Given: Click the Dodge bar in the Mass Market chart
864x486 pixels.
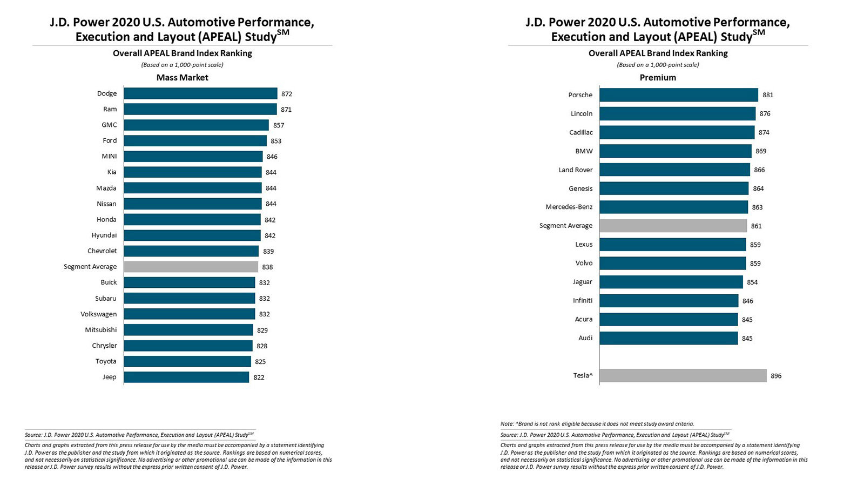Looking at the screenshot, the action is [200, 93].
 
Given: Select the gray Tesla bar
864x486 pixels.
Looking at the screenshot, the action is [683, 376].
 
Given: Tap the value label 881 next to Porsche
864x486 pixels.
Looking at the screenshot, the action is [767, 95].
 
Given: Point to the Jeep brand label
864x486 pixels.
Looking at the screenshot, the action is [109, 377].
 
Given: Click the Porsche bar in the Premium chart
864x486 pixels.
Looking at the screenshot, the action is [679, 95].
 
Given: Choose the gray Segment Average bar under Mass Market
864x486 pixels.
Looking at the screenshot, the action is [191, 267].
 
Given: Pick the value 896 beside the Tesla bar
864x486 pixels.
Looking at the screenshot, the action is [776, 376].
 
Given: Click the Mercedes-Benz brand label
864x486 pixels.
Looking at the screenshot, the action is [569, 207].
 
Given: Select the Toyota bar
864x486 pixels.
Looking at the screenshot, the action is [187, 361].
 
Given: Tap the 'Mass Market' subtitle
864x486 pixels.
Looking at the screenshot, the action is [182, 78].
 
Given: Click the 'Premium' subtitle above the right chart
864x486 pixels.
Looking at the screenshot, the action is [658, 78].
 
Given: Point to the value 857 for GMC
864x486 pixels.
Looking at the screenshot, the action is [279, 125].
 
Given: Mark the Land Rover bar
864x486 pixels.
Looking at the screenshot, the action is [675, 170].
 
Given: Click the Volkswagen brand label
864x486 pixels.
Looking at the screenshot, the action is [98, 314].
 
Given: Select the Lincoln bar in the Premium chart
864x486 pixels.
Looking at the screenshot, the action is [678, 114].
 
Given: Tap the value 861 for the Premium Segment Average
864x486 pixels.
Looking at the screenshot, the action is [756, 226].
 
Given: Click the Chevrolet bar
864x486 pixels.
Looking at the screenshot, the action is [191, 251].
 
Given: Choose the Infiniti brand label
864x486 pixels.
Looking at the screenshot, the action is [583, 300].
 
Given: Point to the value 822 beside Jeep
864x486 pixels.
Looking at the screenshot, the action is [259, 377].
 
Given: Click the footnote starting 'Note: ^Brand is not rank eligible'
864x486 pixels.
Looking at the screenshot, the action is [597, 424].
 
